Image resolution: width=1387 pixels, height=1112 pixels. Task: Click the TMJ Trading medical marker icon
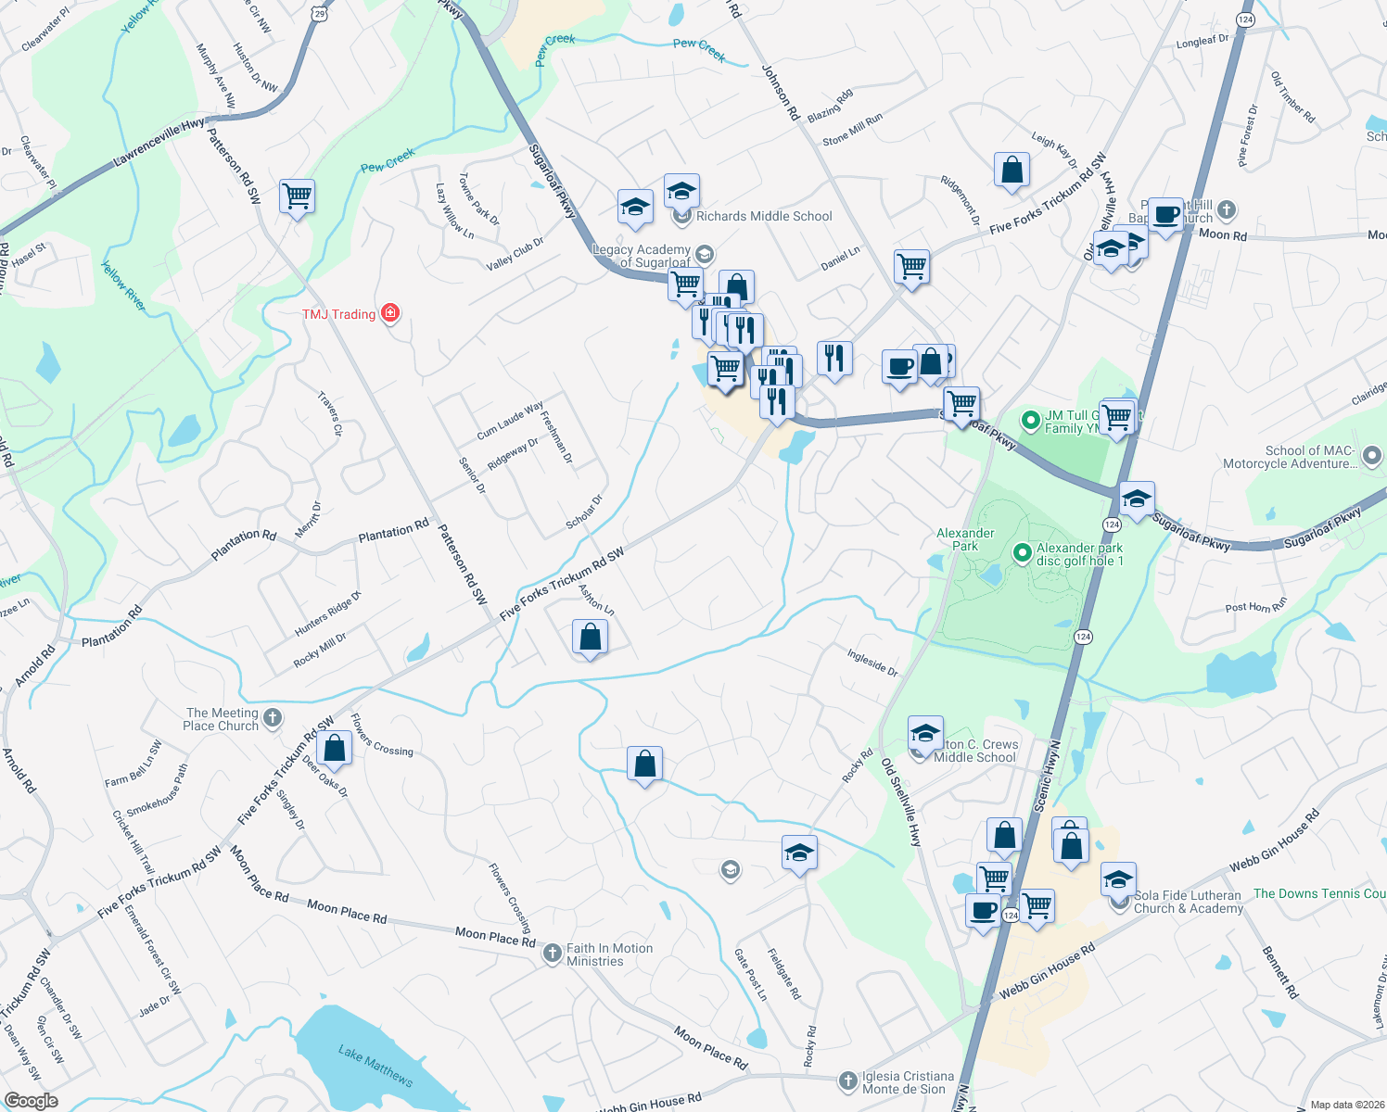pyautogui.click(x=390, y=313)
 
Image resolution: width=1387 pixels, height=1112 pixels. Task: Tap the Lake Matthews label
pyautogui.click(x=375, y=1065)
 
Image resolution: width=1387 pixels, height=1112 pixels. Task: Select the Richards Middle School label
pyautogui.click(x=764, y=216)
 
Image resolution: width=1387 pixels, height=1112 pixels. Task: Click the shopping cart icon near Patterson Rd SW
pyautogui.click(x=297, y=196)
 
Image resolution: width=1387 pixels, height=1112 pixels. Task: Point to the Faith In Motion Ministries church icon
pyautogui.click(x=553, y=953)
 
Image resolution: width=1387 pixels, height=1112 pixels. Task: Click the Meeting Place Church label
pyautogui.click(x=222, y=719)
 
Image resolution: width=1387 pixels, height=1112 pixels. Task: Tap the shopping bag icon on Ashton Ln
pyautogui.click(x=590, y=638)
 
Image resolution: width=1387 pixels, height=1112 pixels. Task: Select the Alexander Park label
pyautogui.click(x=965, y=539)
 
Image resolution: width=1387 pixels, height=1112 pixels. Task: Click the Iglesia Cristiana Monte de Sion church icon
pyautogui.click(x=847, y=1080)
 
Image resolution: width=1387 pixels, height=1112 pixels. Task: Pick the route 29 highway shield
pyautogui.click(x=319, y=13)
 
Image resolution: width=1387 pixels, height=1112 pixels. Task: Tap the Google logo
pyautogui.click(x=31, y=1101)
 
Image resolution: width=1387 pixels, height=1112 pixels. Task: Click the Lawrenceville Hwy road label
pyautogui.click(x=159, y=143)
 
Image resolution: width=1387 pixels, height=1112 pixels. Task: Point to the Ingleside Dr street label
pyautogui.click(x=872, y=663)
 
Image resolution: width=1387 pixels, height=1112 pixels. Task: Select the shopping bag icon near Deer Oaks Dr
pyautogui.click(x=335, y=747)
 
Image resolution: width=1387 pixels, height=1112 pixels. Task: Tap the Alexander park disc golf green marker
pyautogui.click(x=1022, y=553)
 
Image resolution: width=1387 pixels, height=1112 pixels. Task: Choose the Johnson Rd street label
pyautogui.click(x=780, y=93)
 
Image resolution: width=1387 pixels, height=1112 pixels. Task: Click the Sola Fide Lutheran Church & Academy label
pyautogui.click(x=1188, y=902)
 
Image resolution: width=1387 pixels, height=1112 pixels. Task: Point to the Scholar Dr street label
pyautogui.click(x=584, y=512)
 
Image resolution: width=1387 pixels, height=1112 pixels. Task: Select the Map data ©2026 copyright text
pyautogui.click(x=1347, y=1105)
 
